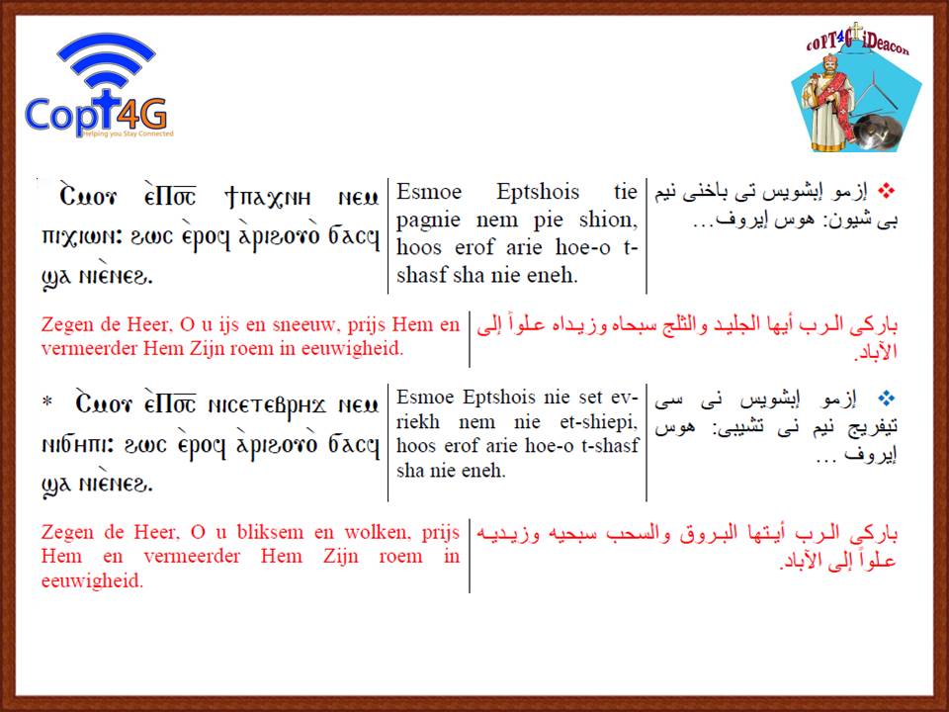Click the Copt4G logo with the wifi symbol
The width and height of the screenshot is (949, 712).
(x=100, y=85)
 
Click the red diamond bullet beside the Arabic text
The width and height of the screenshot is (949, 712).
(x=886, y=191)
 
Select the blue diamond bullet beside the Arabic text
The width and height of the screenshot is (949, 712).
(x=887, y=399)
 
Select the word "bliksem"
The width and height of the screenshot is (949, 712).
(x=270, y=532)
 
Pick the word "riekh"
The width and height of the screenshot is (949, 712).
(x=417, y=421)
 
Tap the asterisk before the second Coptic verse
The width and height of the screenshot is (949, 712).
(x=47, y=401)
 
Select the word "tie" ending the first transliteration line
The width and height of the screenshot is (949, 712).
(x=625, y=192)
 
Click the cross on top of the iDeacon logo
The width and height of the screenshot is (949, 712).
(x=856, y=32)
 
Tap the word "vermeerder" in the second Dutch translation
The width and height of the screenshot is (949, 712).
(x=191, y=557)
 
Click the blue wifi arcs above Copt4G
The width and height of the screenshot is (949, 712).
(x=106, y=59)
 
